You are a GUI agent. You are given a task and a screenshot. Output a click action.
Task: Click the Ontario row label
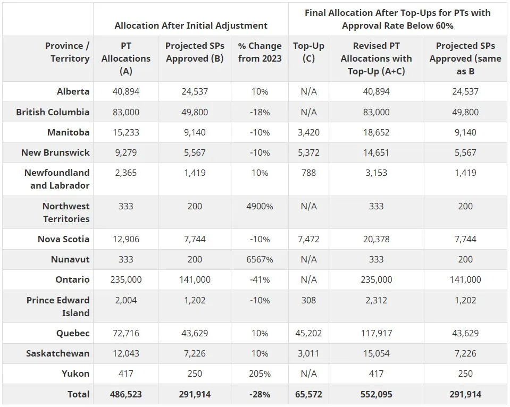click(x=72, y=279)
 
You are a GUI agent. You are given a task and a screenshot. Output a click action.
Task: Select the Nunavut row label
click(x=70, y=259)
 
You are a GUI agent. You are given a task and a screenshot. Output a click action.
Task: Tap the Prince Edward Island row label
click(x=58, y=307)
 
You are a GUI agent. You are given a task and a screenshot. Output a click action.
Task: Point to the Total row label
click(x=79, y=394)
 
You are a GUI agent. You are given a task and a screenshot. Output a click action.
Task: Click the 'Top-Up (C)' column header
click(x=308, y=52)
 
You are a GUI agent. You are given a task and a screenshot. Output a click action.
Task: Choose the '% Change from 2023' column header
click(x=260, y=52)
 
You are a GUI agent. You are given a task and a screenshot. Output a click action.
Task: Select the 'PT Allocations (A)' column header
click(x=126, y=58)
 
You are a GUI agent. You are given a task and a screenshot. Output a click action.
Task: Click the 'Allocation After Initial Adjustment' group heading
click(x=191, y=25)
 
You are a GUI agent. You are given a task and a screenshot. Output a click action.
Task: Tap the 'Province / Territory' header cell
click(x=67, y=52)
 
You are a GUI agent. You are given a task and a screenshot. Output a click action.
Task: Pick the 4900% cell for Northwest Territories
click(x=260, y=206)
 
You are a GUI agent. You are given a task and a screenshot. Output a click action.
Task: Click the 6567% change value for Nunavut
click(x=260, y=259)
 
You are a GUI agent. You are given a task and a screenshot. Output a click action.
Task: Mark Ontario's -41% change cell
click(x=260, y=279)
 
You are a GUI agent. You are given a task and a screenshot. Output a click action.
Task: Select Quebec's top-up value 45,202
click(x=308, y=333)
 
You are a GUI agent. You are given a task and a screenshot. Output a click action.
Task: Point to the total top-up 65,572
click(x=308, y=394)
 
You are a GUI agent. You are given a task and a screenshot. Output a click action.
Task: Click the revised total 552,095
click(x=376, y=394)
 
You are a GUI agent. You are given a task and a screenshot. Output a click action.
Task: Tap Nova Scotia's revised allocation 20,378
click(x=376, y=239)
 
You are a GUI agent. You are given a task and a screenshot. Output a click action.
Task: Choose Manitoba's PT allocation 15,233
click(x=126, y=132)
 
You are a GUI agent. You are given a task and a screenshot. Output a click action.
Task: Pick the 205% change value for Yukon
click(x=260, y=374)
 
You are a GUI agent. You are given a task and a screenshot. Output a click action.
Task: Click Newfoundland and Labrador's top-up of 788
click(x=308, y=173)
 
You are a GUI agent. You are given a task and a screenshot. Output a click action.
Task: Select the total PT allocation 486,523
click(x=126, y=394)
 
